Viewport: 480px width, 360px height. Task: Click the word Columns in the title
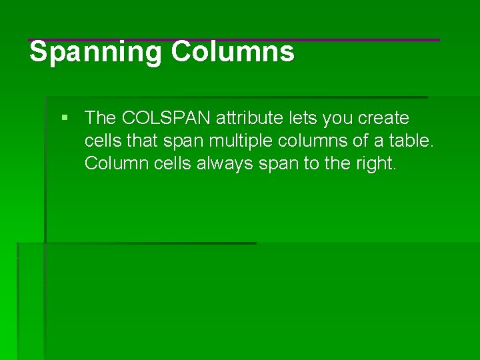[x=233, y=51]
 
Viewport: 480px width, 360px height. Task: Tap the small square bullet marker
[x=65, y=118]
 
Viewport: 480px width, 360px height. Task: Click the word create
[x=383, y=118]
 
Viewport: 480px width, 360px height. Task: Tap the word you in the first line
[x=338, y=118]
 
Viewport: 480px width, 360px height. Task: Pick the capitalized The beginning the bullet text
[x=101, y=118]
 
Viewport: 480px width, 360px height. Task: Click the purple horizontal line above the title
[x=233, y=40]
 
